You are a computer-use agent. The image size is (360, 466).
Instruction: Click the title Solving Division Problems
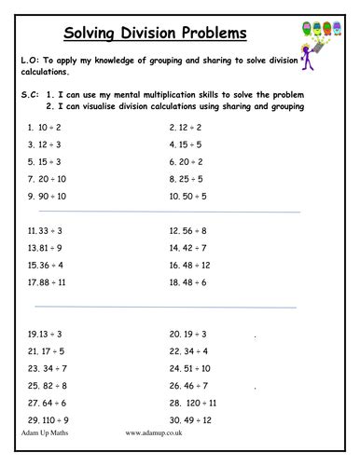pyautogui.click(x=155, y=34)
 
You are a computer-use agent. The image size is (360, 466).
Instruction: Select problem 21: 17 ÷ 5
pyautogui.click(x=45, y=351)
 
